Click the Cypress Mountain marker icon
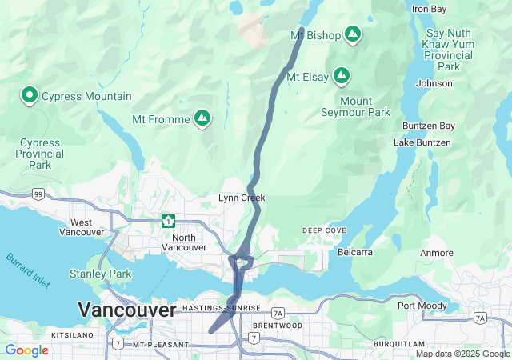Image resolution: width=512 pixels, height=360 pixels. pos(30,96)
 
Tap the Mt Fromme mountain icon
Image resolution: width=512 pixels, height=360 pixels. pos(203,119)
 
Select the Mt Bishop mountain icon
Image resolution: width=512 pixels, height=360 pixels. pos(353,34)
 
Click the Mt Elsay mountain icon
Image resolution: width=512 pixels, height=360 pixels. pos(342,77)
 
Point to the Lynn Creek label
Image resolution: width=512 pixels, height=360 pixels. pos(242,198)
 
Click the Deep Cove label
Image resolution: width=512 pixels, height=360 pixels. pos(325,230)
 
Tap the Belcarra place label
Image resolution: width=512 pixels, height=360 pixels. pos(356,252)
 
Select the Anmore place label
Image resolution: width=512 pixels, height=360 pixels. pos(437,253)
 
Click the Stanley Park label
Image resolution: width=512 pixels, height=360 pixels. pos(100,274)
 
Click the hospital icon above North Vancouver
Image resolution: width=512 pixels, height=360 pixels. pos(168,220)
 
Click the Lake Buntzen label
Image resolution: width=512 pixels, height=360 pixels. pos(422,142)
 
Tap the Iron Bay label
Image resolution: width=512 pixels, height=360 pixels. pos(429,9)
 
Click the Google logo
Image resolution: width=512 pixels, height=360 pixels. pos(27,350)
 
